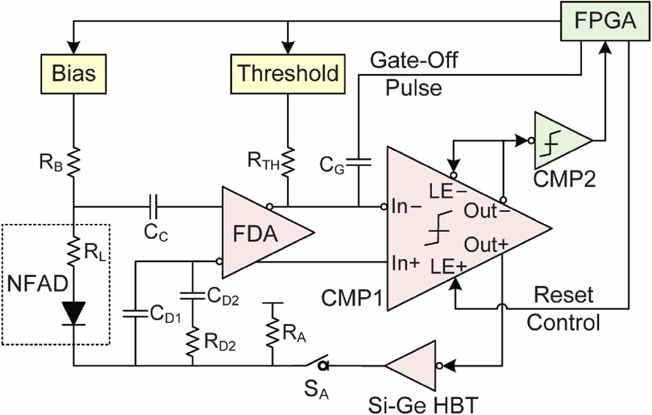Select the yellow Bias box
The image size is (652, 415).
[74, 73]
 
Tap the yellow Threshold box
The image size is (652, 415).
[288, 73]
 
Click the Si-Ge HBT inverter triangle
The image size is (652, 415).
[413, 365]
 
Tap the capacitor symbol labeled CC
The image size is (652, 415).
[153, 206]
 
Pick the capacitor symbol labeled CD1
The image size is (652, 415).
[135, 312]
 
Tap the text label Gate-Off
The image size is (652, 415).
[414, 62]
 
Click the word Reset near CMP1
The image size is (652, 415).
[563, 295]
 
